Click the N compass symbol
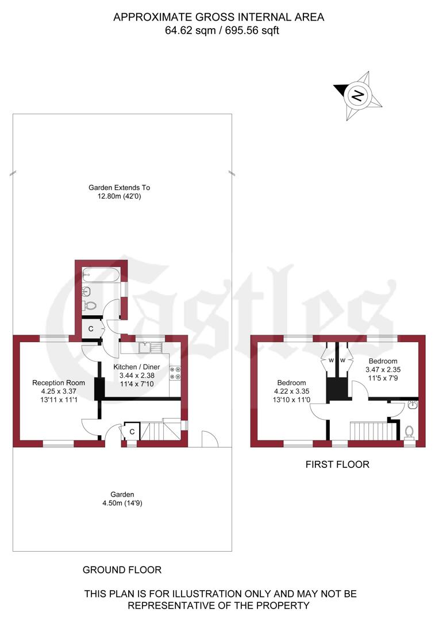point(357,95)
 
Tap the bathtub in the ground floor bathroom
point(101,274)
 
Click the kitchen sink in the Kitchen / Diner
point(146,346)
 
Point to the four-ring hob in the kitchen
point(175,373)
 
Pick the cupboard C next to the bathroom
point(91,329)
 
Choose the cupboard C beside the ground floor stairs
point(132,432)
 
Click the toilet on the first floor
point(409,431)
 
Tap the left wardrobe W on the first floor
point(331,361)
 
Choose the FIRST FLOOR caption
point(337,464)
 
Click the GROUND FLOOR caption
point(122,570)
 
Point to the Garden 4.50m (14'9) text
point(122,499)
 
